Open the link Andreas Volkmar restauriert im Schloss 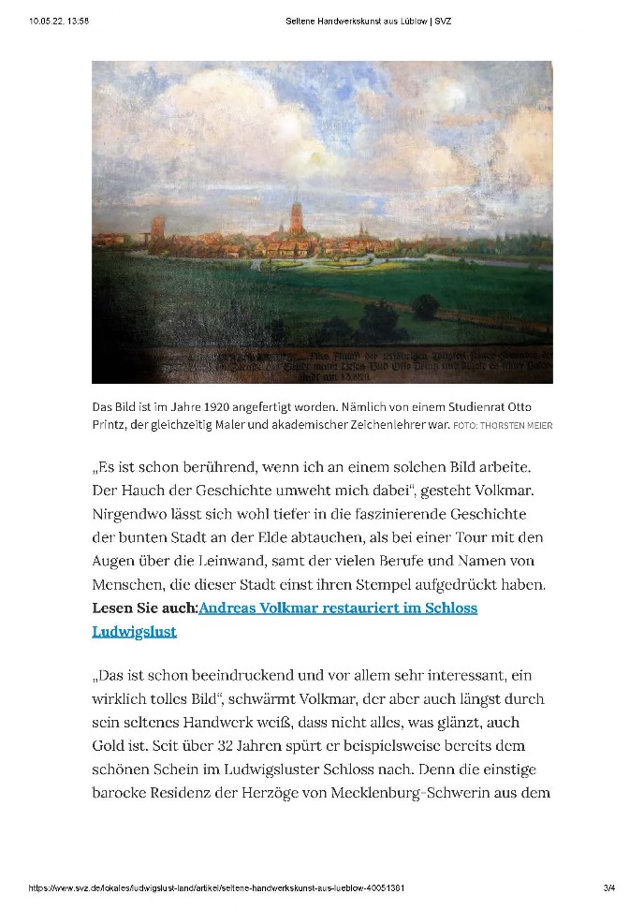pyautogui.click(x=339, y=608)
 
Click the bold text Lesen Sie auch pyautogui.click(x=144, y=608)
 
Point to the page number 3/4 pyautogui.click(x=609, y=887)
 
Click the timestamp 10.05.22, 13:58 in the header pyautogui.click(x=58, y=21)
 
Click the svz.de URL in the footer pyautogui.click(x=216, y=887)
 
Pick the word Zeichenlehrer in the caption pyautogui.click(x=406, y=426)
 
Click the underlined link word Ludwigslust pyautogui.click(x=135, y=632)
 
